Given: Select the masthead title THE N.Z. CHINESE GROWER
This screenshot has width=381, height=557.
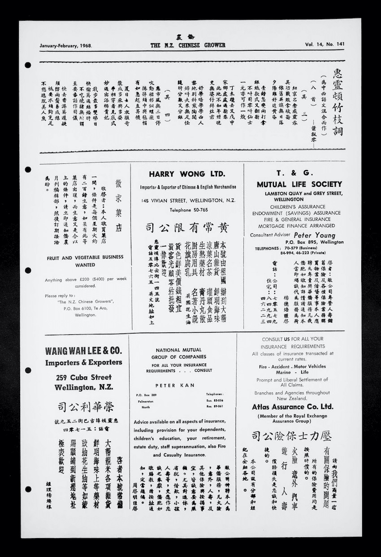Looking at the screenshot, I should click(x=188, y=45).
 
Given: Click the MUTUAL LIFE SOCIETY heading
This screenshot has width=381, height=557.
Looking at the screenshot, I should click(x=299, y=184).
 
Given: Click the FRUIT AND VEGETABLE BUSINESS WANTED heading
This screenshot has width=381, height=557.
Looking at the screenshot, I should click(x=85, y=261).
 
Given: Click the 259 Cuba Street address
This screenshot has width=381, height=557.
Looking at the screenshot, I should click(x=84, y=377).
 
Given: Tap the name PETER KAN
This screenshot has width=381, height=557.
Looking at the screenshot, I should click(x=169, y=385).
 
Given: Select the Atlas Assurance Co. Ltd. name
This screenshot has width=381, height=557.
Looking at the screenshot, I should click(x=292, y=407).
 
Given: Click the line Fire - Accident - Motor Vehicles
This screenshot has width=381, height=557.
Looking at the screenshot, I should click(x=292, y=367).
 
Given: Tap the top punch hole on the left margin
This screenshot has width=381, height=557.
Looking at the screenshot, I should click(x=28, y=65).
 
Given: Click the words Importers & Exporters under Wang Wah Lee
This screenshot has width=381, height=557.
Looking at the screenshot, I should click(x=83, y=363).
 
